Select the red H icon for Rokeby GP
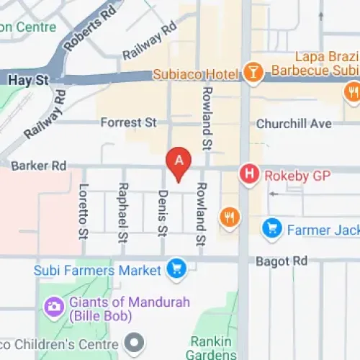tap(249, 174)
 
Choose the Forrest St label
tap(128, 123)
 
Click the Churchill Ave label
tap(294, 124)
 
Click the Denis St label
tap(163, 211)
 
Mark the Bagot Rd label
tap(282, 261)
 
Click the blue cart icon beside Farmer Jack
tap(271, 230)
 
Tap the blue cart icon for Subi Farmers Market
tap(176, 271)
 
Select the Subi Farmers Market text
tap(97, 271)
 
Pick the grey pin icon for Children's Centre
tap(133, 341)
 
